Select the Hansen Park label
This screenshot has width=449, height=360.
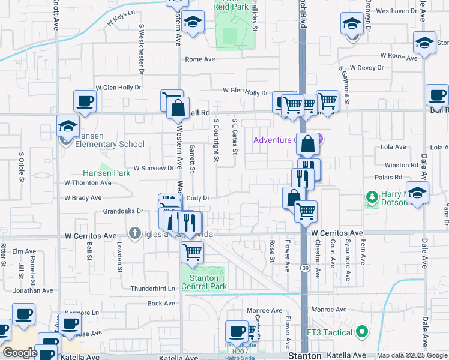click(106, 173)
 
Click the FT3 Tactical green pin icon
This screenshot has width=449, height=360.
click(361, 331)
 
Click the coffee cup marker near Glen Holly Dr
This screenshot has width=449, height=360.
click(85, 100)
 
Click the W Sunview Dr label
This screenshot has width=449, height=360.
click(153, 168)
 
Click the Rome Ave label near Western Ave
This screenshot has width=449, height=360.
click(200, 59)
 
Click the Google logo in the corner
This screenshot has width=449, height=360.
click(20, 353)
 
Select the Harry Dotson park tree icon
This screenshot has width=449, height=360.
click(372, 197)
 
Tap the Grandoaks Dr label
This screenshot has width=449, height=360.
click(123, 211)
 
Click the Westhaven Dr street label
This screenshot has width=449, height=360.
click(393, 11)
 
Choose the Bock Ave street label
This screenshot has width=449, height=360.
click(161, 304)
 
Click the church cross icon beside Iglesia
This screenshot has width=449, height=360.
click(136, 232)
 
